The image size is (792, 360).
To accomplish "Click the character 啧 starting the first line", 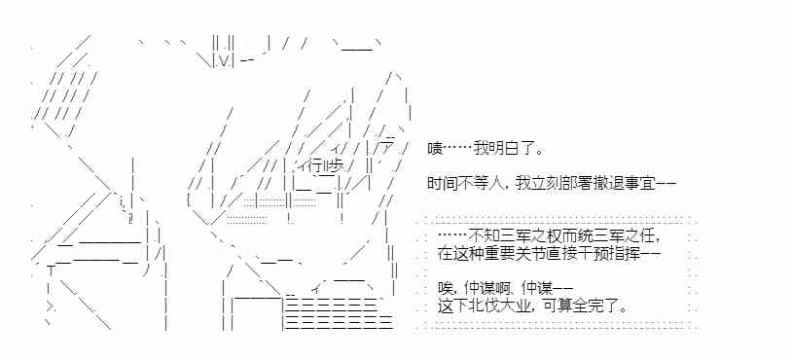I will [435, 149].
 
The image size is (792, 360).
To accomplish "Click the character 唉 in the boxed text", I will [444, 287].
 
